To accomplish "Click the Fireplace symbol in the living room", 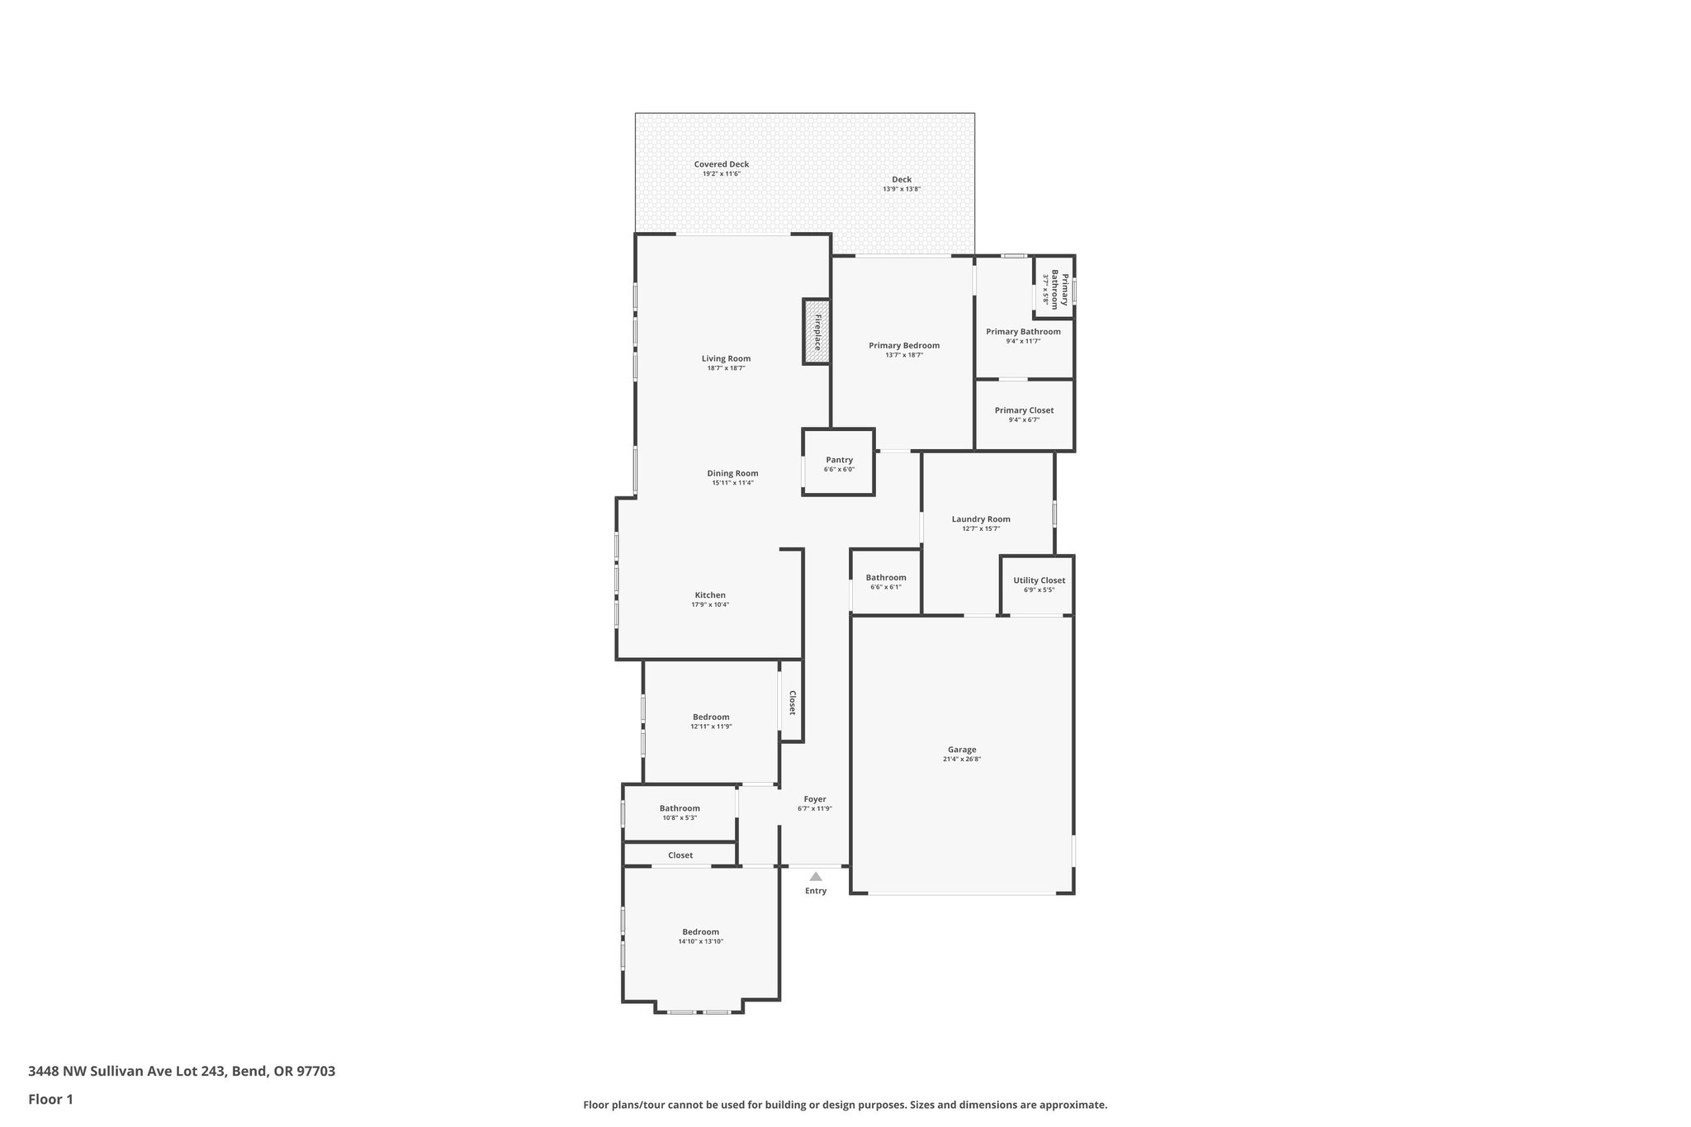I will pos(817,332).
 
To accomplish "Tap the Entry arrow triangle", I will pos(816,877).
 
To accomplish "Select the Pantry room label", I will pos(839,460).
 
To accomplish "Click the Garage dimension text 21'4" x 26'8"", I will pos(962,760).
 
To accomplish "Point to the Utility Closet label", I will pos(1039,580).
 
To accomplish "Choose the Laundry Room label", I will pos(981,519).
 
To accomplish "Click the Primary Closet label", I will pos(1024,410).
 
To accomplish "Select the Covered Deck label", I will pos(722,164).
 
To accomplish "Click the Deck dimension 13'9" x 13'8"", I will pos(902,189).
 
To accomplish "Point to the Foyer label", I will pos(815,799).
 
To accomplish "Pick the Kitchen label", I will pos(710,595).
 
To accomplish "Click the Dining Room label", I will pos(732,474).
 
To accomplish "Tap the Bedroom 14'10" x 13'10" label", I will pos(700,932).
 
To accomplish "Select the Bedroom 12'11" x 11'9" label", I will pos(711,717).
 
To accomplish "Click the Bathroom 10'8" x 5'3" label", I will pos(680,808).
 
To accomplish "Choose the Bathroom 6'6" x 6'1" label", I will pos(886,578).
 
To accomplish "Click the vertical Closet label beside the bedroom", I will pos(792,703).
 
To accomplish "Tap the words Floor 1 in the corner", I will pos(50,1099).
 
